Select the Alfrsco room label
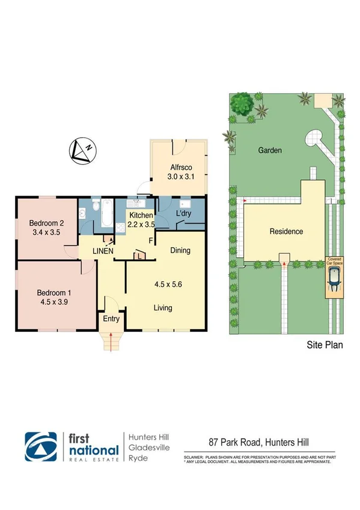coord(178,168)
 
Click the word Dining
coord(180,250)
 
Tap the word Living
coord(162,308)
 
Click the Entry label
coord(111,319)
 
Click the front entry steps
coord(111,343)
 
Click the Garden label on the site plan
coord(270,151)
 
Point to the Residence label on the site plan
coord(286,232)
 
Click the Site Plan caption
coord(325,346)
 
